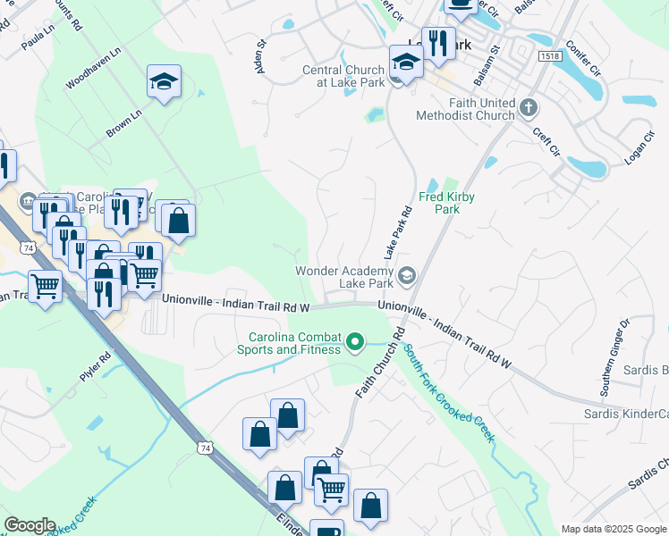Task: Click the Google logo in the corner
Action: (x=29, y=525)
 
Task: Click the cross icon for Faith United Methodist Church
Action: (x=529, y=108)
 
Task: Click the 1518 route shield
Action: (x=551, y=56)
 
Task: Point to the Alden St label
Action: (x=262, y=55)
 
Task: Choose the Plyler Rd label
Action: (x=95, y=367)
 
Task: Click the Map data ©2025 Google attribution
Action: (x=614, y=529)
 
